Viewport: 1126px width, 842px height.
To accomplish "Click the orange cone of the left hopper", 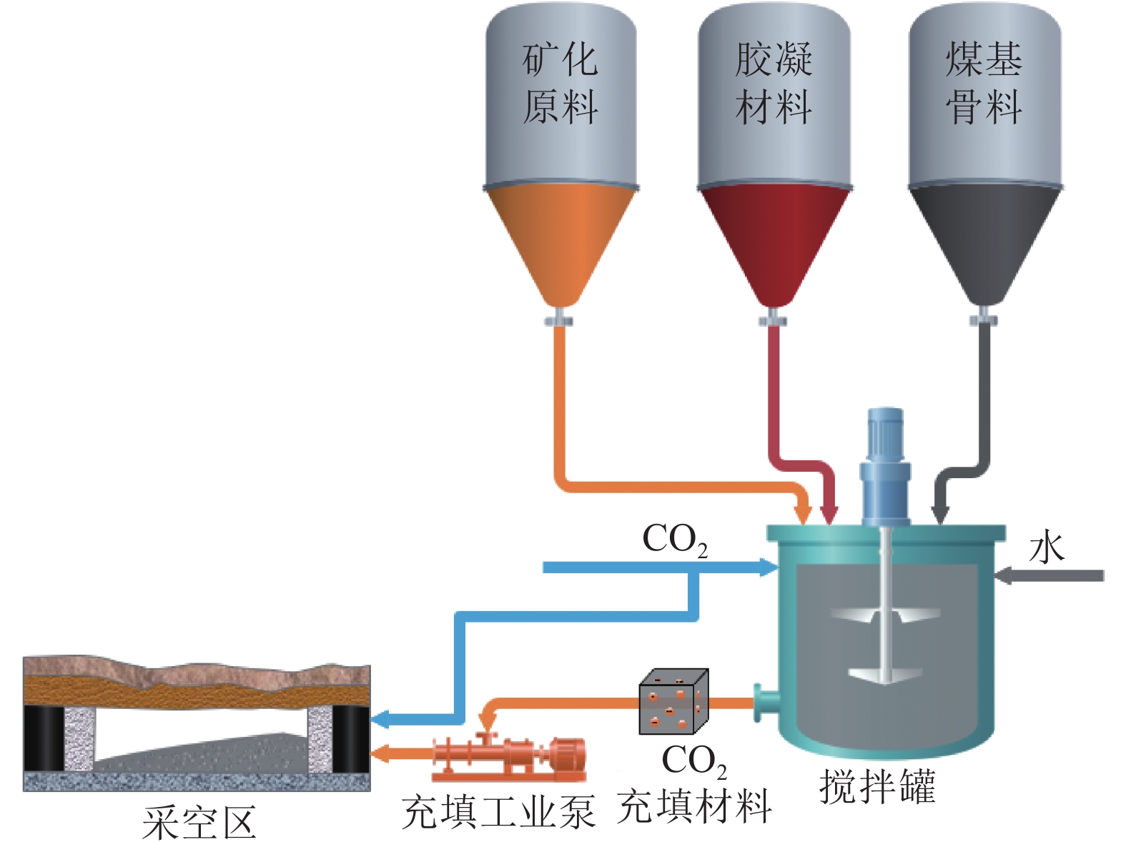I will click(560, 239).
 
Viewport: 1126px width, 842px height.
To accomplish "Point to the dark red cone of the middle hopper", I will click(774, 239).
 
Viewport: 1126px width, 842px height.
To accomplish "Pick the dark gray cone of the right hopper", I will click(984, 239).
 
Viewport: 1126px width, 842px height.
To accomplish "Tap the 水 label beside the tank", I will click(1047, 549).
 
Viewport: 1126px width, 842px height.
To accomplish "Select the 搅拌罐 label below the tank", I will click(877, 787).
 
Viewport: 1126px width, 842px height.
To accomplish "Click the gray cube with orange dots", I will click(673, 703).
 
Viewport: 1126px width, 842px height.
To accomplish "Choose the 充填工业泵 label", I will click(498, 813).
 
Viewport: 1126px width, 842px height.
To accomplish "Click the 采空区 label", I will click(199, 823).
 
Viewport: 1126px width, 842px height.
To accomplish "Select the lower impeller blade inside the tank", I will click(885, 673).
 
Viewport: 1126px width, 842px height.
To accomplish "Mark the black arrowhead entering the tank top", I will click(940, 514).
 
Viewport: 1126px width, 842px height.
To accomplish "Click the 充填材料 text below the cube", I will click(693, 807).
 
